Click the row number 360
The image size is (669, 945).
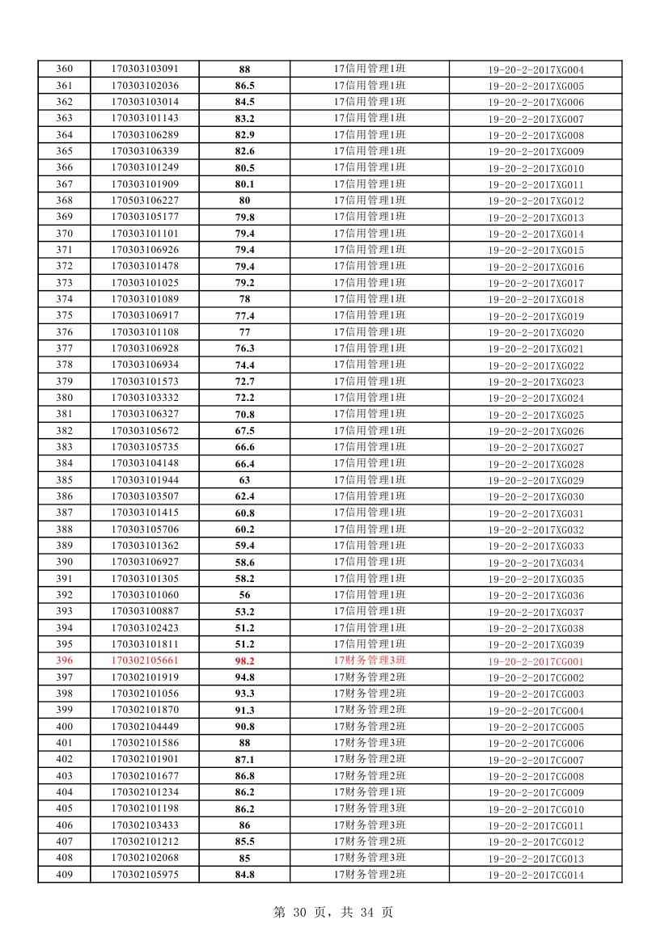(64, 70)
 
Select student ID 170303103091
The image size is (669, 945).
(145, 70)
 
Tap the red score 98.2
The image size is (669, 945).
(244, 661)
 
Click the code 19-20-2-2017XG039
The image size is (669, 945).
(536, 645)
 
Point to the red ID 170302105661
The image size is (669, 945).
(145, 661)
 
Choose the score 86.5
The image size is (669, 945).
(244, 86)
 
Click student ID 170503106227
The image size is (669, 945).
(145, 200)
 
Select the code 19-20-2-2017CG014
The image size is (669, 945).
(536, 875)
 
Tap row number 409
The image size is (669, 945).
(64, 874)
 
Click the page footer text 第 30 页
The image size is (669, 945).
(300, 912)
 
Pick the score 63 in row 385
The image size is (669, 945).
(244, 480)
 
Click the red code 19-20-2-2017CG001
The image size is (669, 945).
(536, 661)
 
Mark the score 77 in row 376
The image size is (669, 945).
(244, 332)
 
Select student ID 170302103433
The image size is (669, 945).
(145, 825)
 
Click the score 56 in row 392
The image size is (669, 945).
(244, 595)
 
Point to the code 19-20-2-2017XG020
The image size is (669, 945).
(536, 333)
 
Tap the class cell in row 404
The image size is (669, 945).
(370, 792)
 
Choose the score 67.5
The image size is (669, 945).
(244, 431)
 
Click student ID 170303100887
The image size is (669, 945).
(145, 611)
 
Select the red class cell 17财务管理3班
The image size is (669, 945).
(370, 660)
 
